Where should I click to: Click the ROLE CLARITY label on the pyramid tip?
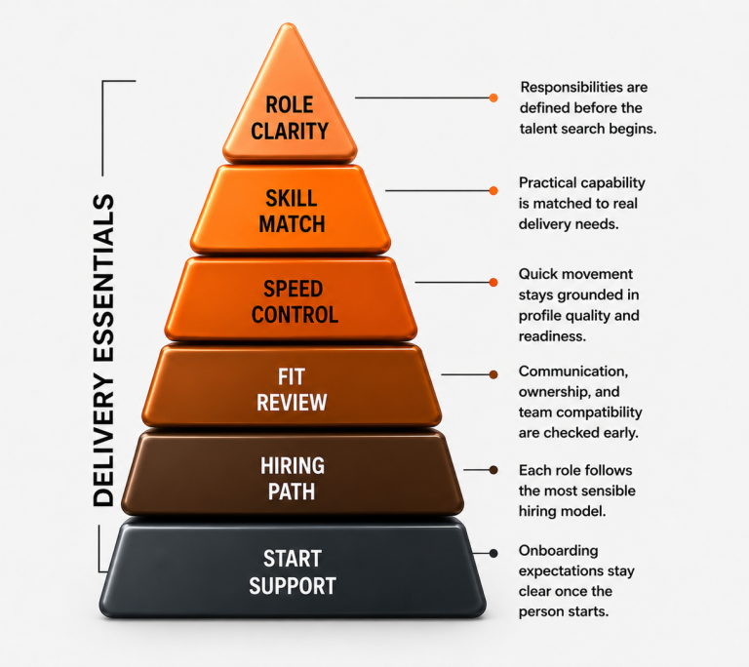(x=290, y=118)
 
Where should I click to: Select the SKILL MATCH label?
(x=292, y=212)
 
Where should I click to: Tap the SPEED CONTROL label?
(x=295, y=301)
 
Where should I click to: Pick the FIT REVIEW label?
(x=292, y=389)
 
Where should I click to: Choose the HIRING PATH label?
(x=292, y=479)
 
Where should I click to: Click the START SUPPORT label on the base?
(x=293, y=571)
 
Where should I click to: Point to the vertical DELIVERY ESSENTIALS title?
(x=103, y=350)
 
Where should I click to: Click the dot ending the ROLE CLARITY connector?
(x=493, y=98)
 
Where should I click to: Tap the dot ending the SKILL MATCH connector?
(x=493, y=190)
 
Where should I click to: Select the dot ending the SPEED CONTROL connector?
(x=493, y=283)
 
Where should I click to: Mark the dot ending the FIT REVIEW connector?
(x=493, y=374)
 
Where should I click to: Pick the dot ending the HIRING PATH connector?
(x=493, y=470)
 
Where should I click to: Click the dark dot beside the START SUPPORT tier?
(x=493, y=553)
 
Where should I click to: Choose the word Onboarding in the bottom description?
(x=559, y=551)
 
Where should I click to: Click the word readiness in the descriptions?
(x=552, y=336)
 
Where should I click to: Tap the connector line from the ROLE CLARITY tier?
(x=422, y=98)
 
